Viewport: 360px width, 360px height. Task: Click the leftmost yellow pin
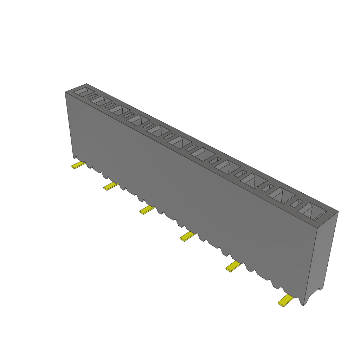(x=78, y=165)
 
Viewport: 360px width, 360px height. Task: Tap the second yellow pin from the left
(x=111, y=186)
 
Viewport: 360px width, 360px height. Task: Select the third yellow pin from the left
(x=147, y=210)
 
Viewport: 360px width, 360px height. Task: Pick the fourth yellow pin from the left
(x=187, y=237)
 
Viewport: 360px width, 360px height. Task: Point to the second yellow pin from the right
(x=233, y=267)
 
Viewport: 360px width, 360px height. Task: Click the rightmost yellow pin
(x=285, y=300)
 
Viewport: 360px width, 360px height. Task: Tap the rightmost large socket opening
(x=311, y=211)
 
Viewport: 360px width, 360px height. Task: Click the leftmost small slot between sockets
(x=92, y=96)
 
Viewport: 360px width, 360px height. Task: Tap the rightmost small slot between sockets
(x=297, y=203)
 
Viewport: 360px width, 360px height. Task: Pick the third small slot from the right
(x=240, y=173)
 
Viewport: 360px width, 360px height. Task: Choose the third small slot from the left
(x=128, y=115)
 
